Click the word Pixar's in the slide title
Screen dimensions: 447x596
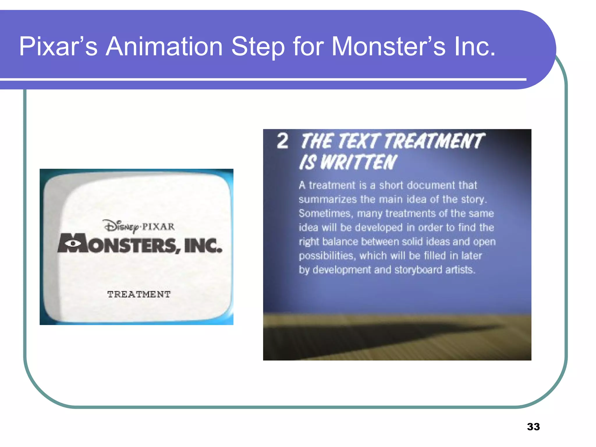pos(58,47)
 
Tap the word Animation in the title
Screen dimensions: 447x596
pos(164,47)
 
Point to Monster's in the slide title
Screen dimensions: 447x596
pos(389,47)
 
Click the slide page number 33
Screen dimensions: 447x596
pos(533,427)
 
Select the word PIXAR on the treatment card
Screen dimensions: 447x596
pos(158,226)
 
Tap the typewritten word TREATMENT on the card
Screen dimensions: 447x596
pos(139,294)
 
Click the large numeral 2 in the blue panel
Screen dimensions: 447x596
pos(282,141)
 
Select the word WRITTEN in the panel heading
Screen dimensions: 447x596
pos(359,162)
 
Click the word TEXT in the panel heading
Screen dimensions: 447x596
pos(359,141)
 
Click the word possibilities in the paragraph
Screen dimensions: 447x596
pos(327,256)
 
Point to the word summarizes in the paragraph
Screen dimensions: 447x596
pos(327,199)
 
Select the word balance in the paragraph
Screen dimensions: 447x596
pos(340,242)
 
